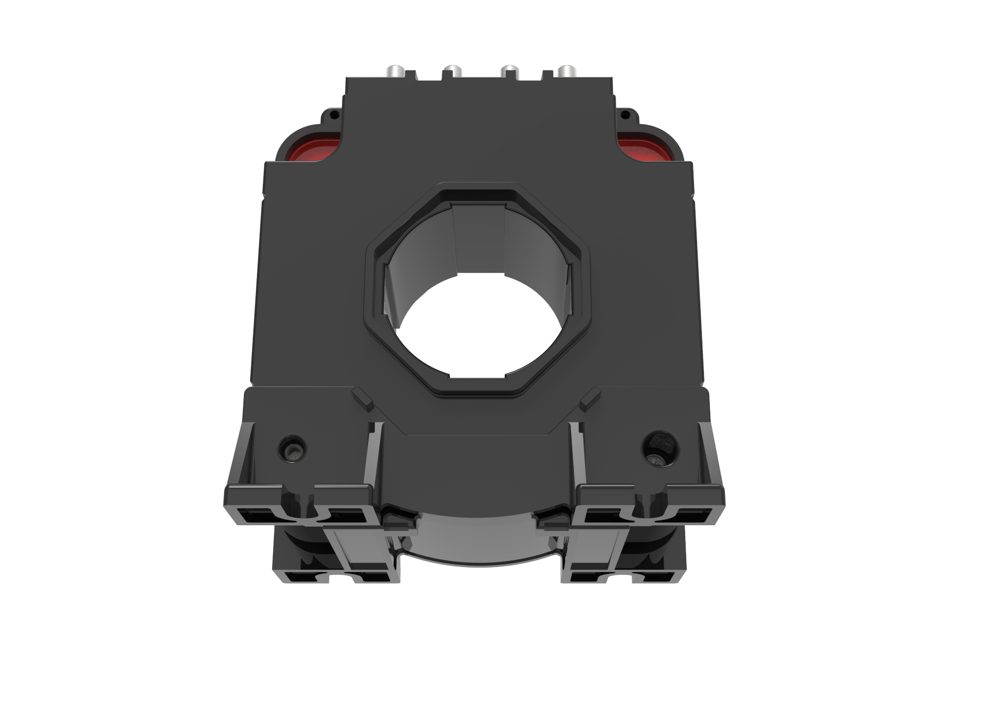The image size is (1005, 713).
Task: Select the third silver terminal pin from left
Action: (x=509, y=71)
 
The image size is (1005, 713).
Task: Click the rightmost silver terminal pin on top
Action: (x=566, y=71)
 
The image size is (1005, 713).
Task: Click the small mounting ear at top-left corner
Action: (x=332, y=115)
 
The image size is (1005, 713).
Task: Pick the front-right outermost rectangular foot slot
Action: (x=696, y=516)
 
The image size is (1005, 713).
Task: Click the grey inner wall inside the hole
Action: (x=477, y=241)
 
